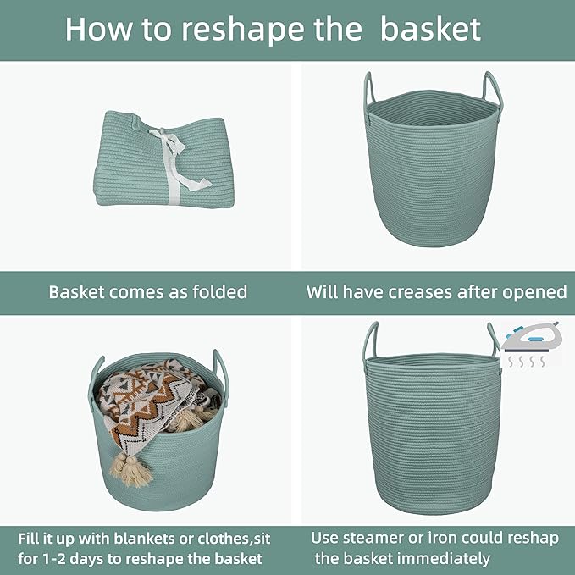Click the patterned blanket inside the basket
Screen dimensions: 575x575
point(156,406)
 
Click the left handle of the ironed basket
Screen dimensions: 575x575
point(370,343)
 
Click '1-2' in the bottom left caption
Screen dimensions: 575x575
point(61,558)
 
